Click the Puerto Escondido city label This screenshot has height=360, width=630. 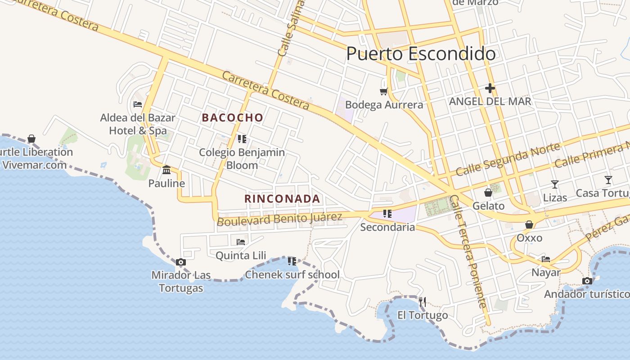pyautogui.click(x=421, y=54)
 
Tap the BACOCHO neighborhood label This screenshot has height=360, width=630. pyautogui.click(x=233, y=118)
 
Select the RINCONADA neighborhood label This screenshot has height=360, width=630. pyautogui.click(x=282, y=199)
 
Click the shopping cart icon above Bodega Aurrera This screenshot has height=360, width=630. pyautogui.click(x=383, y=92)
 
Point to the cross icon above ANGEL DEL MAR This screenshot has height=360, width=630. pyautogui.click(x=490, y=88)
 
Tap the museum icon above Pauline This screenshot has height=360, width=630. pyautogui.click(x=166, y=170)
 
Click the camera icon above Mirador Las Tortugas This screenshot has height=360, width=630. pyautogui.click(x=180, y=262)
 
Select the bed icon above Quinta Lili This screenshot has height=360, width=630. pyautogui.click(x=241, y=242)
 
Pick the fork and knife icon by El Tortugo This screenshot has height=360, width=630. pyautogui.click(x=422, y=301)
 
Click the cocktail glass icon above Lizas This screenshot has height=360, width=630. pyautogui.click(x=555, y=184)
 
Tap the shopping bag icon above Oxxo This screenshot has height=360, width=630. pyautogui.click(x=529, y=225)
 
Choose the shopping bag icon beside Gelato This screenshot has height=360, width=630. pyautogui.click(x=488, y=193)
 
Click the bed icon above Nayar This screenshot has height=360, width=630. pyautogui.click(x=546, y=259)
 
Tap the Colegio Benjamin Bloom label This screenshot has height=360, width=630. pyautogui.click(x=242, y=159)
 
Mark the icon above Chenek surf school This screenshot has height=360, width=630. pyautogui.click(x=292, y=261)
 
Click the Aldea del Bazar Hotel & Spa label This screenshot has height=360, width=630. pyautogui.click(x=138, y=124)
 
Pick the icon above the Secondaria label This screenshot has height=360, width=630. pyautogui.click(x=387, y=214)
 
